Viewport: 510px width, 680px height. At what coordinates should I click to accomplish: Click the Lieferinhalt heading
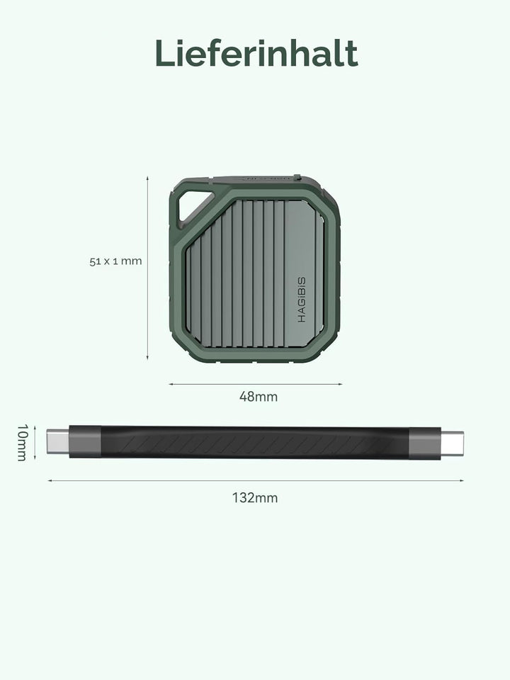256,53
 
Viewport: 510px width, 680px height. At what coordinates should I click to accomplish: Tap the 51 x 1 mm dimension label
115,261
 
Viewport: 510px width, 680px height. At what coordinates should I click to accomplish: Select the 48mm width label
259,397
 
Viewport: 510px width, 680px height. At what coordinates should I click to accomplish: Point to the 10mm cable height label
23,442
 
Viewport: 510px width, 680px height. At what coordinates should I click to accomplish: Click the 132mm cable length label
255,497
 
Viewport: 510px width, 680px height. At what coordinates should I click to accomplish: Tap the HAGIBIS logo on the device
302,300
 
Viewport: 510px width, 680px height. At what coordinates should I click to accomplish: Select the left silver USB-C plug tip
57,441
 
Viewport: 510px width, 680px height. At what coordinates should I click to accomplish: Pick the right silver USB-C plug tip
453,443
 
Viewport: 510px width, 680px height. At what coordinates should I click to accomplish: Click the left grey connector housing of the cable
85,441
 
